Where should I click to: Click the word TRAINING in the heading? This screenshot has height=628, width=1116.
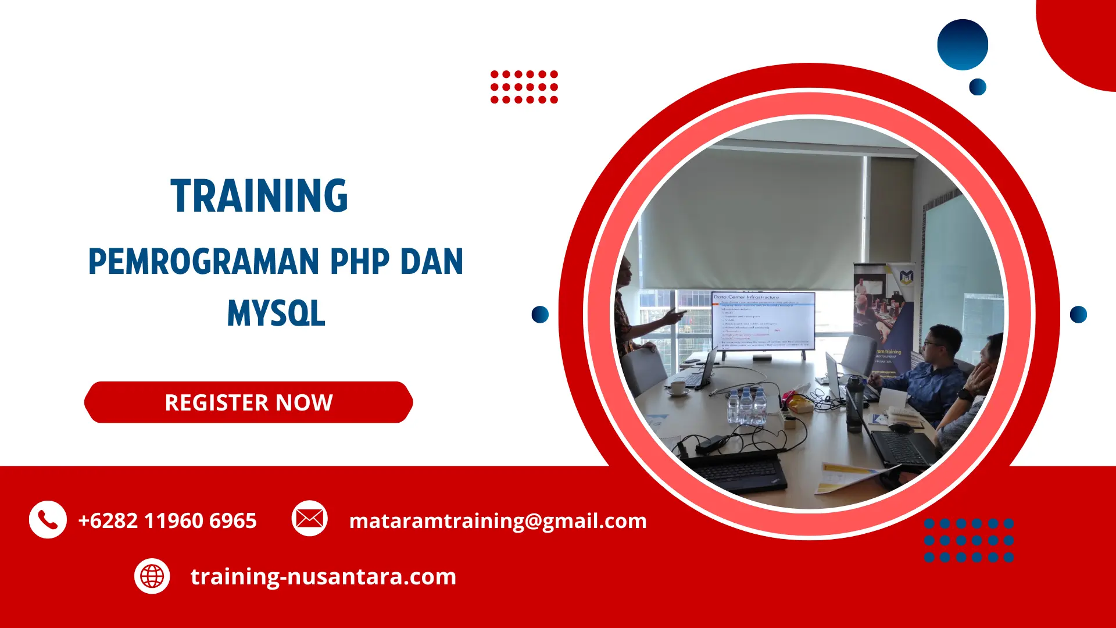pos(259,196)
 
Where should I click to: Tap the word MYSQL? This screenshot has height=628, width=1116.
pos(276,314)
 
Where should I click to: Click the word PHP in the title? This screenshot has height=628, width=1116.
pos(360,262)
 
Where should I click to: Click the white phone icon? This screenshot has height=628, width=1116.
pos(48,519)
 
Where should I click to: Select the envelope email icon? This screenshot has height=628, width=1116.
pos(309,518)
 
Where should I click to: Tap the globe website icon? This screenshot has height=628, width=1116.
pos(152,576)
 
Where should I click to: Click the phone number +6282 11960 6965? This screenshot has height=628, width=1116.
pos(167,520)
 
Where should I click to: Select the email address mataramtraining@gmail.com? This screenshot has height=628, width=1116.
pos(498,520)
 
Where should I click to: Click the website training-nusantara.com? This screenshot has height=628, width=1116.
pos(323,576)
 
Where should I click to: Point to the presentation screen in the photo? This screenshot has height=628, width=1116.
pos(763,321)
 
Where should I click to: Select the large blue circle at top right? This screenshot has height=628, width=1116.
pos(963,45)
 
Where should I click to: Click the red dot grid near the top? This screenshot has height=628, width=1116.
pos(524,87)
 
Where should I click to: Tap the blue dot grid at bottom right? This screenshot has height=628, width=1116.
pos(968,540)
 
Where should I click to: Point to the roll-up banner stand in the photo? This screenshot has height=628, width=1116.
pos(884,314)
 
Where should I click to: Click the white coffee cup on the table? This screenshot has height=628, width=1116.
pos(678,388)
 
